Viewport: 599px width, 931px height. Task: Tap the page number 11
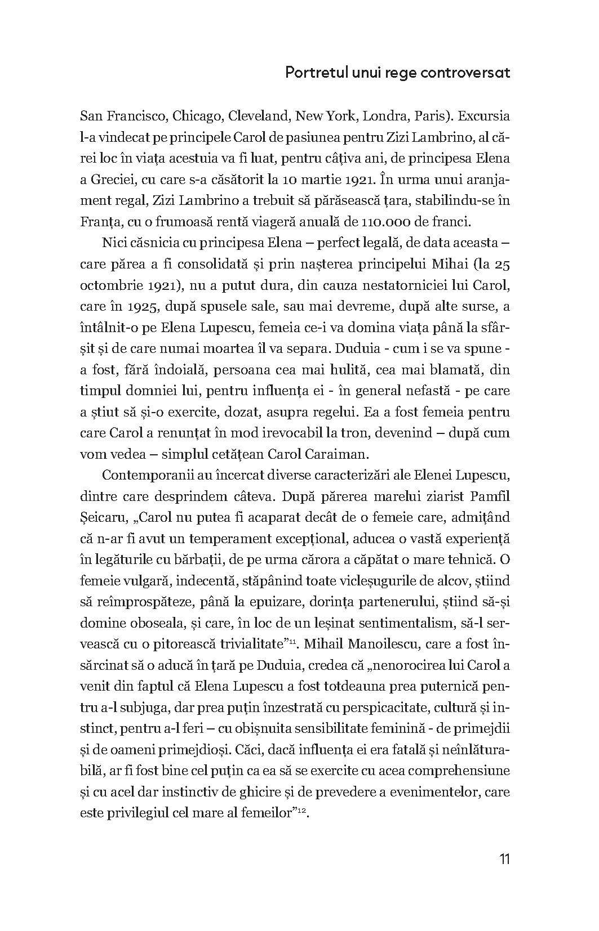pos(504,859)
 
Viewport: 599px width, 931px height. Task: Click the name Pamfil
pos(491,496)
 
